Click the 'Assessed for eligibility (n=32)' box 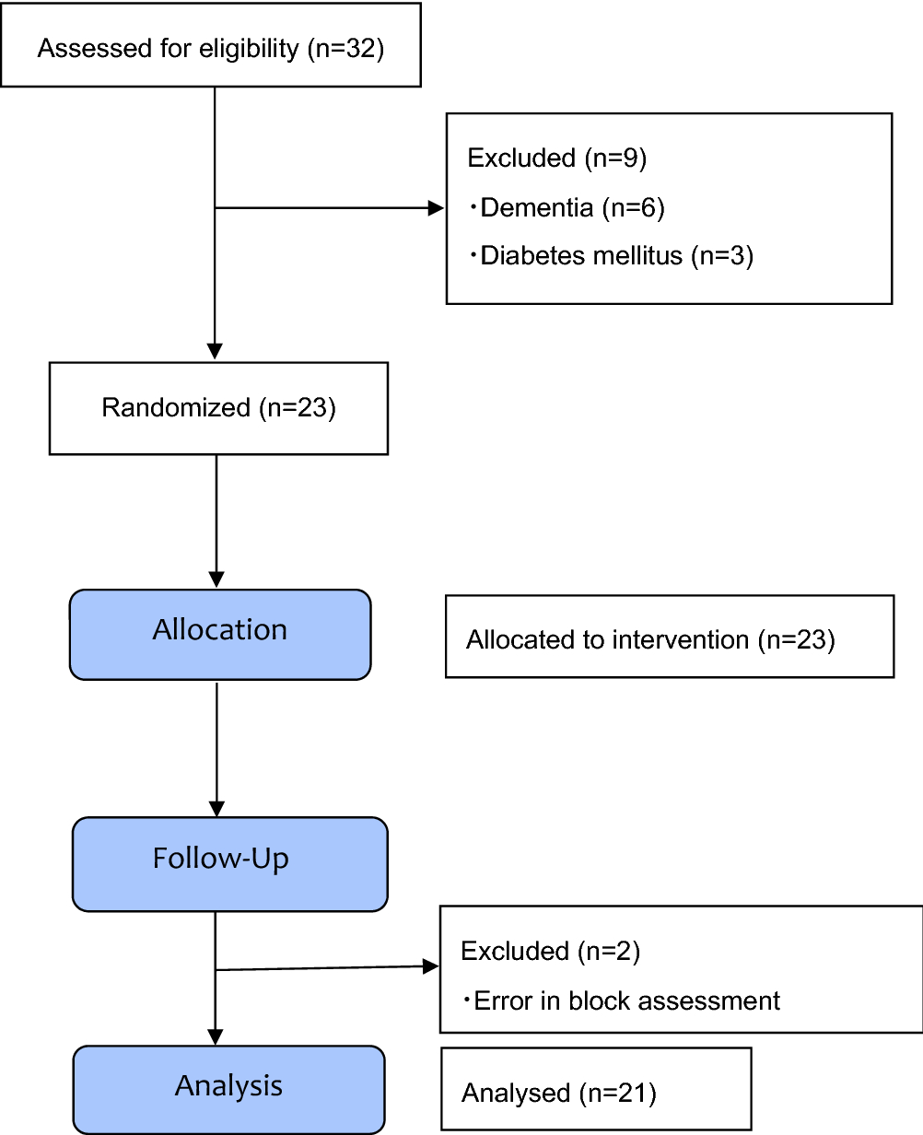click(x=211, y=46)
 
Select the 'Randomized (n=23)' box click(x=218, y=408)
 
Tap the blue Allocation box click(x=220, y=635)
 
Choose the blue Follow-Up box click(x=229, y=863)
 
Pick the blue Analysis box click(x=228, y=1089)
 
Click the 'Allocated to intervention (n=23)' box click(x=669, y=637)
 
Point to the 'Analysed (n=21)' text click(x=558, y=1094)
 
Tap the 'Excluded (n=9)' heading click(x=557, y=158)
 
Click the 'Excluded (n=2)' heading click(x=550, y=951)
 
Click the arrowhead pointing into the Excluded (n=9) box click(x=437, y=208)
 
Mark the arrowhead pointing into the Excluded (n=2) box click(x=431, y=966)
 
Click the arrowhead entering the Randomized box click(x=215, y=352)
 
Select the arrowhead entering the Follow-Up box click(x=216, y=808)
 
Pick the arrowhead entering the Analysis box click(x=216, y=1036)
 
